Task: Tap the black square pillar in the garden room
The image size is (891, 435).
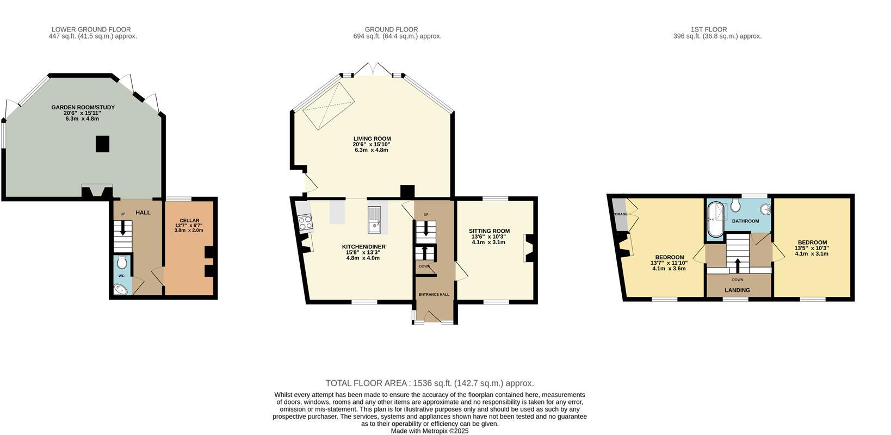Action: coord(103,144)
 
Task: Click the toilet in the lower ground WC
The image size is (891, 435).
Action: coord(122,263)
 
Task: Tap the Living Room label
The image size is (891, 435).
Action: coord(372,139)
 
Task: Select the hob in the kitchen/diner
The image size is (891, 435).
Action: coord(304,222)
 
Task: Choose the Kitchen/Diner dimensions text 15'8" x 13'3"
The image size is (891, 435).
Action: coord(363,252)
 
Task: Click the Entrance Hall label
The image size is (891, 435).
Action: coord(434,294)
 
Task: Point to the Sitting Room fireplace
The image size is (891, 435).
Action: coord(527,248)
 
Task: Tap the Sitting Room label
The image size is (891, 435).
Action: coord(489,231)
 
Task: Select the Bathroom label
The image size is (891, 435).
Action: coord(745,221)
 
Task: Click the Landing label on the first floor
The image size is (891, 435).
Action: coord(737,290)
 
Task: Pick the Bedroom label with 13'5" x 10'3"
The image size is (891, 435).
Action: coord(812,243)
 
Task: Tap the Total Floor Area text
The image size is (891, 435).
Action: coord(429,383)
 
